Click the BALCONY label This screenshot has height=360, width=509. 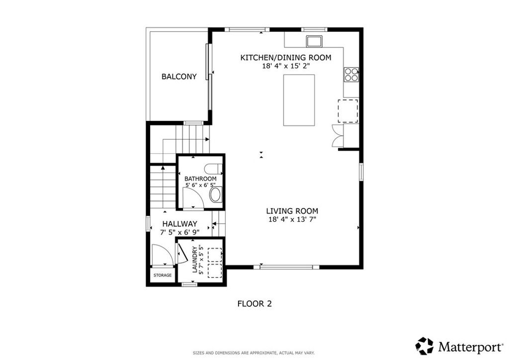pos(179,77)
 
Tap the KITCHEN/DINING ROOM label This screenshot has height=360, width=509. pos(285,58)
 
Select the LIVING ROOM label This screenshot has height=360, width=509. pos(292,210)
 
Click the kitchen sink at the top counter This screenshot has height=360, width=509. pos(314,40)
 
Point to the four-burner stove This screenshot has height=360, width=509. pos(351,74)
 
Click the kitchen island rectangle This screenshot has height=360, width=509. pos(299,100)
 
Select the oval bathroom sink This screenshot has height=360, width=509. pos(216,194)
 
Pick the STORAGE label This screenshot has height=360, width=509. pos(162,275)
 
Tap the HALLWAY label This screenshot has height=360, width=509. pos(178,224)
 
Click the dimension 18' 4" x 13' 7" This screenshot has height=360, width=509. pos(292,219)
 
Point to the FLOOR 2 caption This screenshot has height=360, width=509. pos(254,303)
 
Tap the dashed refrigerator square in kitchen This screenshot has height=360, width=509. pos(348,110)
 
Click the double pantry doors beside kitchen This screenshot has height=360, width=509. pos(338,135)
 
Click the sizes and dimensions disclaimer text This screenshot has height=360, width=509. pos(254,353)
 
